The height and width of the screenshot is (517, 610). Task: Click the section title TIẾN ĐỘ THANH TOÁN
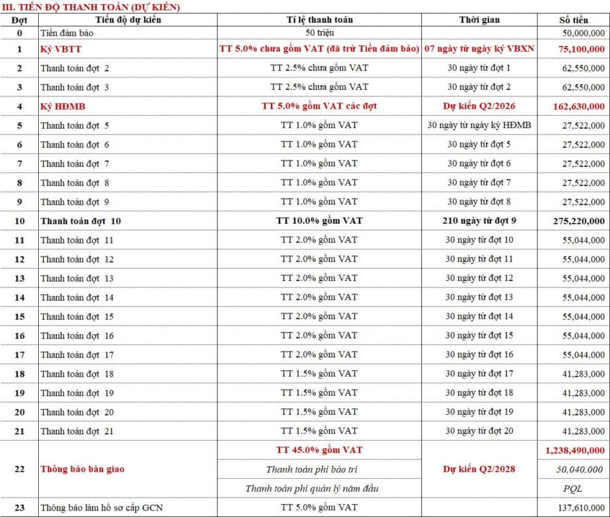(x=91, y=7)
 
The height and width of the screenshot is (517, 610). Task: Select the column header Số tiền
(x=573, y=19)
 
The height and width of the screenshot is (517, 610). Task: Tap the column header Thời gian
(x=479, y=19)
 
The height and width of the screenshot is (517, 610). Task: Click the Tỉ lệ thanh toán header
(x=319, y=19)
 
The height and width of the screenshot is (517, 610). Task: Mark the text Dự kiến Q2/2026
(x=479, y=106)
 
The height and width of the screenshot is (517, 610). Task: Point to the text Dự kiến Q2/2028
(x=479, y=469)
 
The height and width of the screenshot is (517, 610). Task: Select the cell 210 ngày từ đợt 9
(x=479, y=221)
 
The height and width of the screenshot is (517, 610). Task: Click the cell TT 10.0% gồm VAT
(x=319, y=221)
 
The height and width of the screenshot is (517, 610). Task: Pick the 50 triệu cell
(x=319, y=32)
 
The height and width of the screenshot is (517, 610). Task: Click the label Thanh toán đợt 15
(x=77, y=317)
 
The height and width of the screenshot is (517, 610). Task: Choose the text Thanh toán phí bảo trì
(x=319, y=469)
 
